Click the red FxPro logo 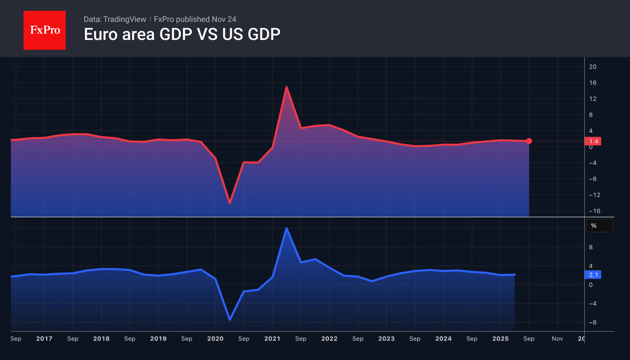(45, 30)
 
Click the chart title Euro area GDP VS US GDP (182, 34)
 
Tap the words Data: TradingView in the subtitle (115, 19)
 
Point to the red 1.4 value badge (593, 141)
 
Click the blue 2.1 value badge (593, 275)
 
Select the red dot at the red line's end (529, 141)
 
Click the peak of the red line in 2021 (286, 87)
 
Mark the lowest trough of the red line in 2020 (230, 203)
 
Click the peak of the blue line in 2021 (286, 228)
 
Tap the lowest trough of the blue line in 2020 (230, 320)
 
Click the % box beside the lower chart (599, 226)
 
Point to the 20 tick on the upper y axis (592, 67)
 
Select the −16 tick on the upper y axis (594, 211)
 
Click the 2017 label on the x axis (44, 339)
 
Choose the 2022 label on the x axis (329, 339)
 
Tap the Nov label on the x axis (557, 339)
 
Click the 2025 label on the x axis (500, 339)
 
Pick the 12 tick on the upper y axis (592, 99)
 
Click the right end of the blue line (514, 275)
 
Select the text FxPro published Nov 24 (195, 19)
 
